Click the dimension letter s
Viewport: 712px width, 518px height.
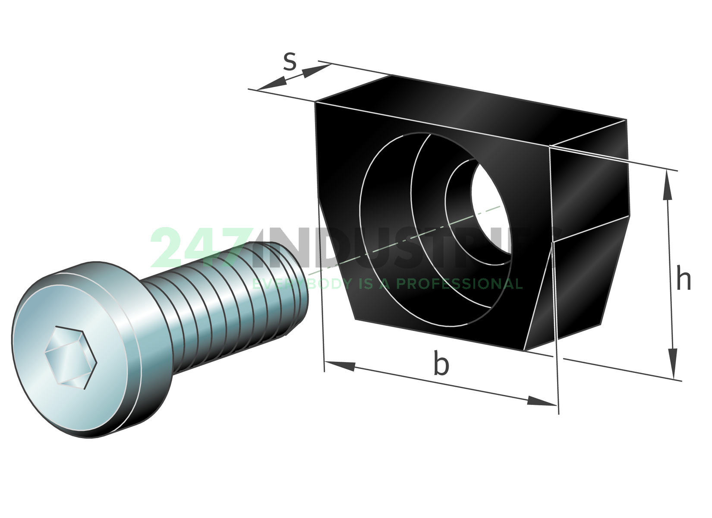pyautogui.click(x=290, y=61)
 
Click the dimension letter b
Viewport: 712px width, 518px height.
pyautogui.click(x=441, y=363)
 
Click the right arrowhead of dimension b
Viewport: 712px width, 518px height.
pyautogui.click(x=541, y=401)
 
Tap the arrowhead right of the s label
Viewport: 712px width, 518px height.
pyautogui.click(x=315, y=71)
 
